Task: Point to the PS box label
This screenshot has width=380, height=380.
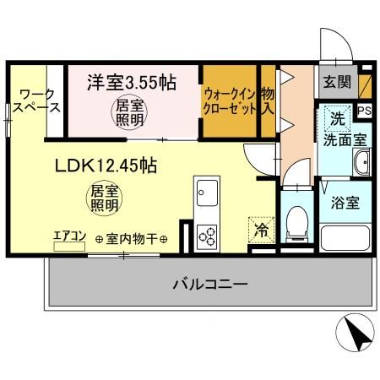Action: (x=364, y=110)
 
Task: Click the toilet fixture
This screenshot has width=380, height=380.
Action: (x=296, y=221)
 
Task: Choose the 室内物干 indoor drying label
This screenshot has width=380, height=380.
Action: (x=131, y=240)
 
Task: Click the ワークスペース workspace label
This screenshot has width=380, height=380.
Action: (x=38, y=100)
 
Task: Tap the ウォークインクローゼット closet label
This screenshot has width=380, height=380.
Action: (x=229, y=101)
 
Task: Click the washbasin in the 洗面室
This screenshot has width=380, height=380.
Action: (x=362, y=164)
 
